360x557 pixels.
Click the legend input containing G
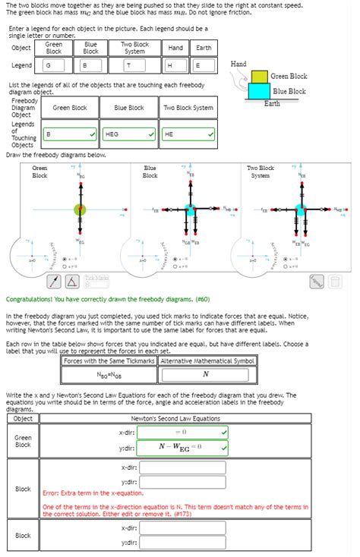[x=54, y=66]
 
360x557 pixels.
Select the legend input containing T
[x=134, y=66]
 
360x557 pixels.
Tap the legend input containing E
[x=203, y=66]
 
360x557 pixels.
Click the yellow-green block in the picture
[x=260, y=77]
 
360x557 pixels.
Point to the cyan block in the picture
[x=260, y=91]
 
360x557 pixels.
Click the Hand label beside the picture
[x=238, y=64]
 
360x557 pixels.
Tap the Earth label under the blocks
[x=272, y=104]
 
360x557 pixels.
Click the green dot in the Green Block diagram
[x=80, y=209]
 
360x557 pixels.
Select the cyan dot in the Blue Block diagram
[x=191, y=209]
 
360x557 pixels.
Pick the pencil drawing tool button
[x=55, y=282]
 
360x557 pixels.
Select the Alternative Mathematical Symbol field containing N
[x=205, y=375]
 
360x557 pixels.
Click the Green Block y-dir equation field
[x=182, y=447]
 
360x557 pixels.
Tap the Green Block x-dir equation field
[x=182, y=432]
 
